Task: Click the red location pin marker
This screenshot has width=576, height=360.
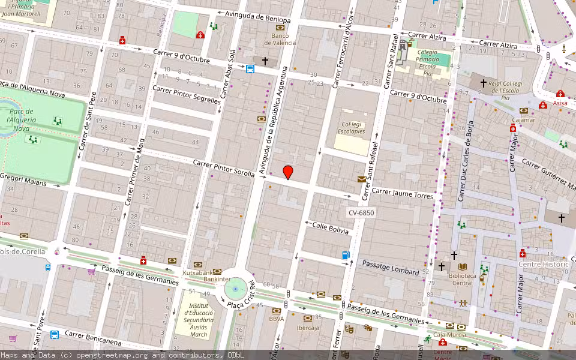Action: tap(288, 172)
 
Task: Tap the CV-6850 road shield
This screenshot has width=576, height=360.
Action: tap(361, 213)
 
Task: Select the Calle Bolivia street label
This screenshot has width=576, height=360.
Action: tap(330, 228)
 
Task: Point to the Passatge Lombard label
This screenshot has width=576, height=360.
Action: tap(391, 268)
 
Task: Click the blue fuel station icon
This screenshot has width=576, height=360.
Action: tap(346, 255)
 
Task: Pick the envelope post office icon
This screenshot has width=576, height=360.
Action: tap(362, 179)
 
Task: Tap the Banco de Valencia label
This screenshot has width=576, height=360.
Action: tap(280, 39)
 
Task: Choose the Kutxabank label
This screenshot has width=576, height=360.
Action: tap(198, 272)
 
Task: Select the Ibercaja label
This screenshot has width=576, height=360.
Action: tap(308, 328)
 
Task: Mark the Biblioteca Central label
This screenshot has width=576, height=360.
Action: tap(461, 279)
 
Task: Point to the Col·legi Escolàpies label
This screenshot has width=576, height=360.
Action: tap(351, 127)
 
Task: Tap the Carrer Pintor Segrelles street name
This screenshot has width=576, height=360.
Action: tap(187, 94)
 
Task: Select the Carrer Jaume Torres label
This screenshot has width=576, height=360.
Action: tap(402, 193)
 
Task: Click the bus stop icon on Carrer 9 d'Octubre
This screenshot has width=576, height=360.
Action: tap(250, 68)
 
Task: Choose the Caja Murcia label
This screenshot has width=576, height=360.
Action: tap(449, 334)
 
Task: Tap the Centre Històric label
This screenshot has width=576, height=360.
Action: tap(543, 264)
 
